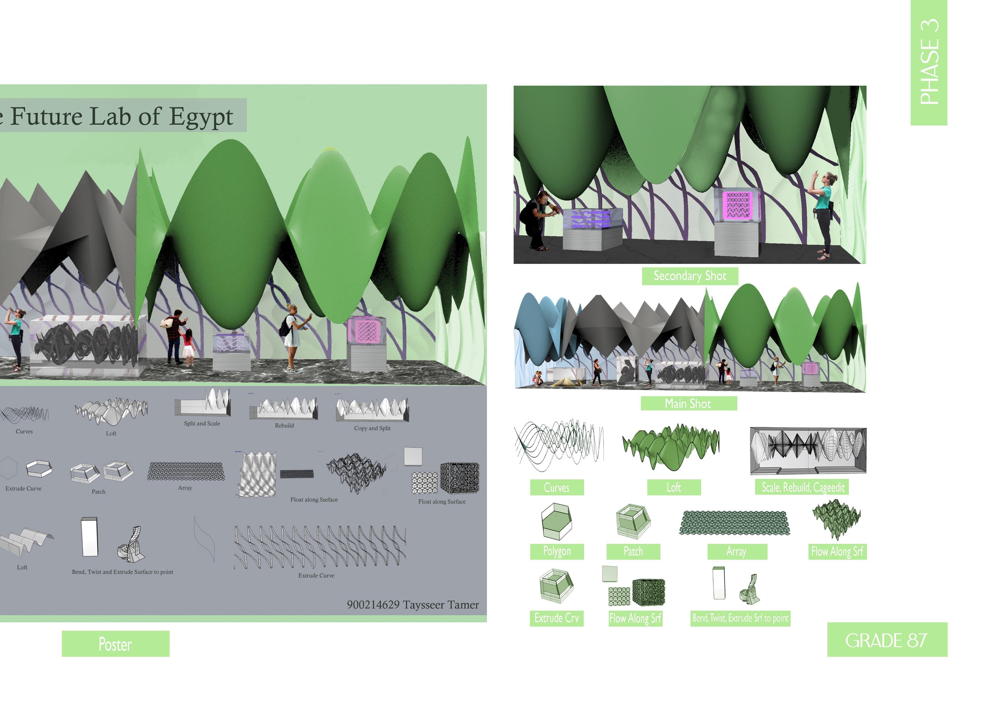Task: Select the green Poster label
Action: [115, 644]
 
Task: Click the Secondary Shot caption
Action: [690, 276]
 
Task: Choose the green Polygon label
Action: [557, 551]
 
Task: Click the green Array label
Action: [736, 552]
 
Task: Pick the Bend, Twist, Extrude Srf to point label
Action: [740, 618]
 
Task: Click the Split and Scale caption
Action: [202, 423]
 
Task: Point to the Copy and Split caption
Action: [372, 428]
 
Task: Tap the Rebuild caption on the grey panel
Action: [284, 426]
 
